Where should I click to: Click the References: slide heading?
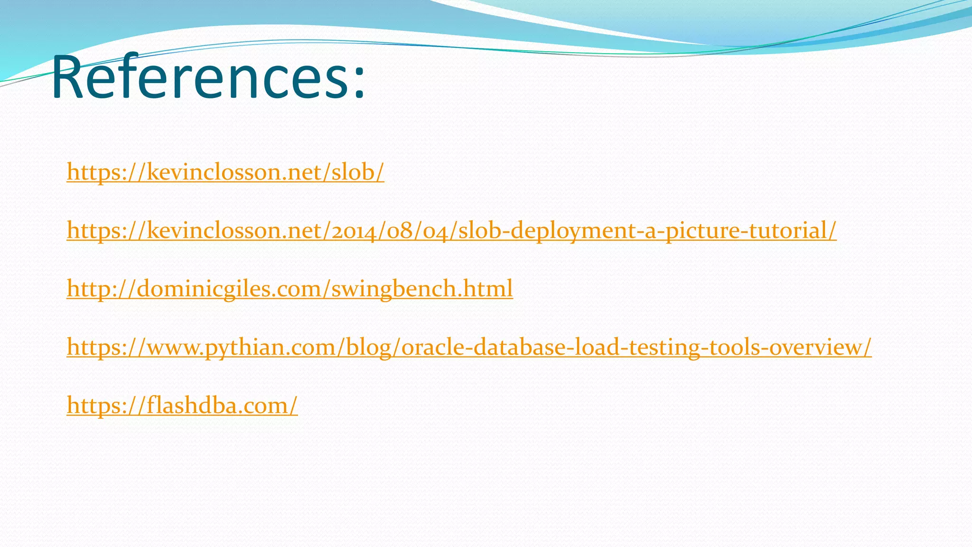[x=209, y=77]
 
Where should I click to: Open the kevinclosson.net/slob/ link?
[x=225, y=172]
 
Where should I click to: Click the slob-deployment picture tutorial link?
[x=451, y=230]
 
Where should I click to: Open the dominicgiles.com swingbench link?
[x=290, y=289]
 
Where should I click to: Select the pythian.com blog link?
[x=469, y=347]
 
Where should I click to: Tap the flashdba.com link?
[x=182, y=406]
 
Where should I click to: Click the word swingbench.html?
[x=422, y=289]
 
